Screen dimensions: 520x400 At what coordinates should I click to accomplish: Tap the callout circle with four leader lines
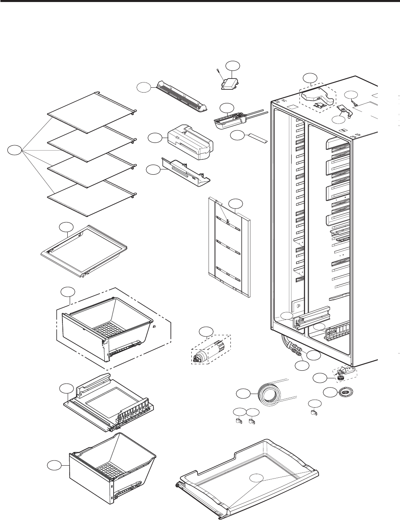[15, 151]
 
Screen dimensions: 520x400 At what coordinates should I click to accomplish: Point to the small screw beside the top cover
[218, 72]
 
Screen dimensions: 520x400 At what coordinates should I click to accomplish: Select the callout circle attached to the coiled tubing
[242, 394]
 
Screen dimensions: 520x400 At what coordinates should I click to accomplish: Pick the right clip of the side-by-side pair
[253, 421]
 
